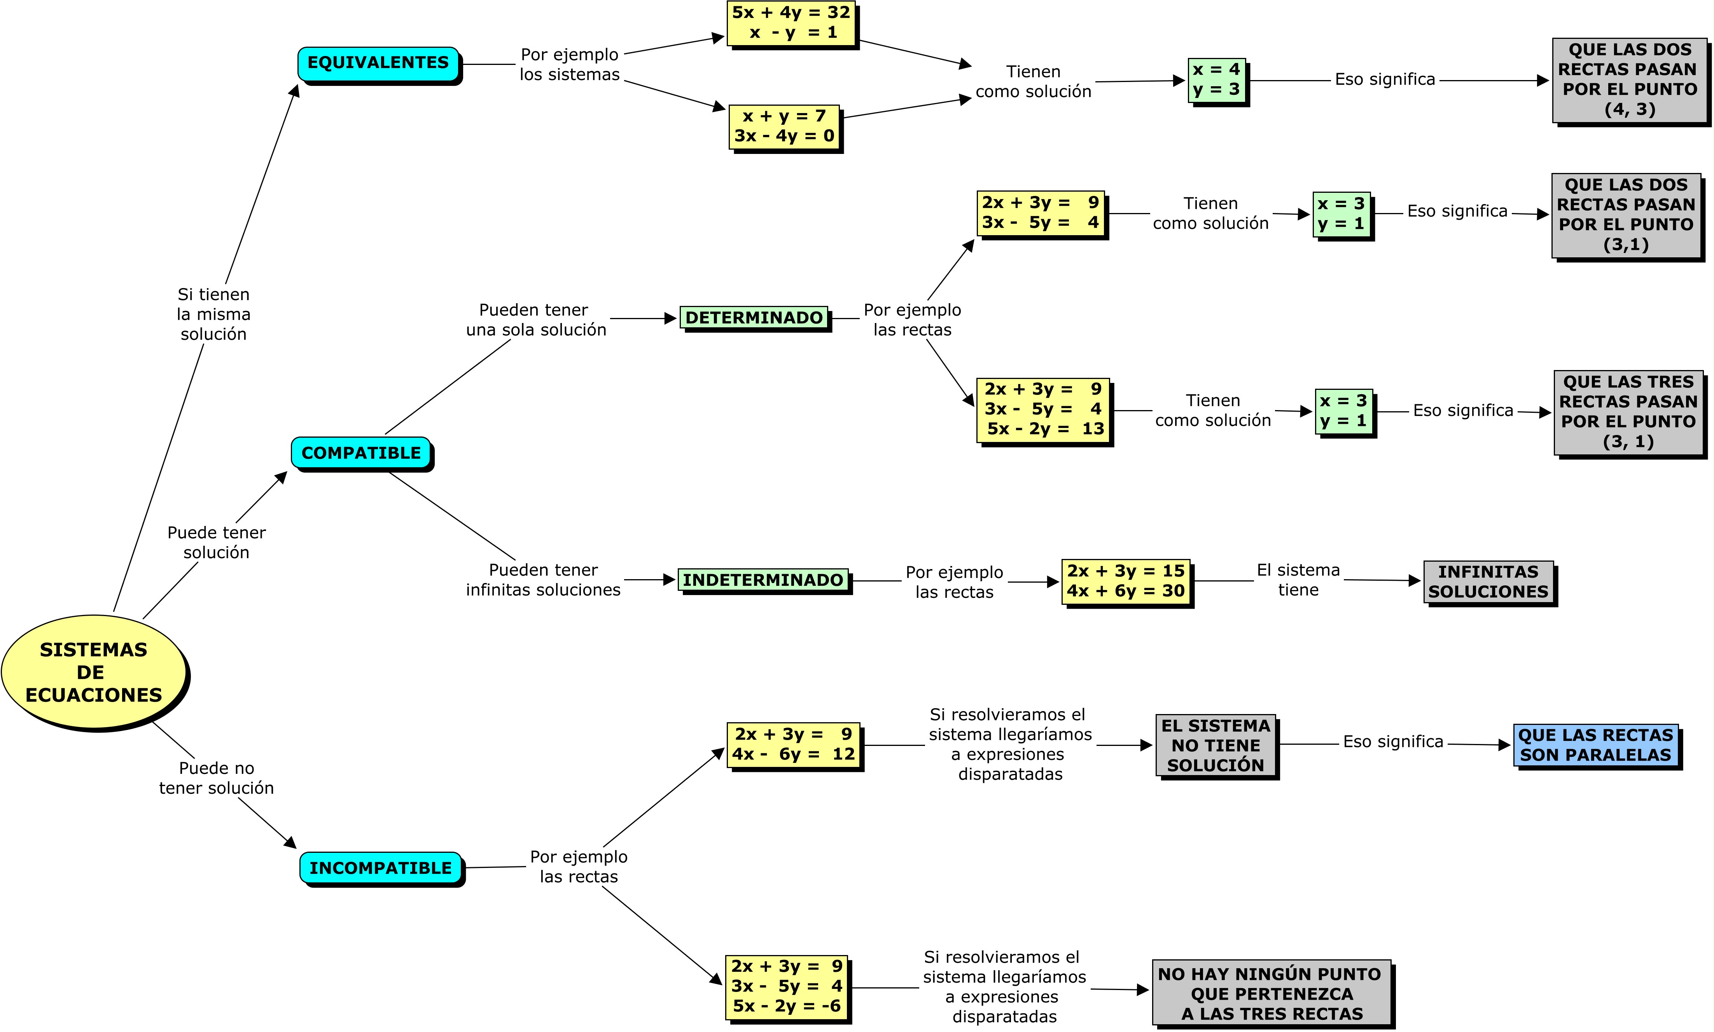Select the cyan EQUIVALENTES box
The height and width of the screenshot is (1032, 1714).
click(378, 63)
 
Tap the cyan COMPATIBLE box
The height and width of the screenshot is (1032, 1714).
click(361, 453)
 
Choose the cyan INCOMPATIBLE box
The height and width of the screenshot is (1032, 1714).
click(381, 868)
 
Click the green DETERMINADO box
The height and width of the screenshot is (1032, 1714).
click(754, 318)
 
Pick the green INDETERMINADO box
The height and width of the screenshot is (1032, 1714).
click(763, 580)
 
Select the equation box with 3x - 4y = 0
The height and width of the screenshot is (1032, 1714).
click(784, 127)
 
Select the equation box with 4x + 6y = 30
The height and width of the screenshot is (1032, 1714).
click(1126, 581)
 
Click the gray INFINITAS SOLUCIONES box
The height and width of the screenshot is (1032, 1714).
click(1488, 581)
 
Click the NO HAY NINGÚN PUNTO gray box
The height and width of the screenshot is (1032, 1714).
click(1271, 993)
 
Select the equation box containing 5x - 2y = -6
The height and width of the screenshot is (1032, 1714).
click(786, 986)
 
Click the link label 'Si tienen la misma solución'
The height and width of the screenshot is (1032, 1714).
click(213, 314)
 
